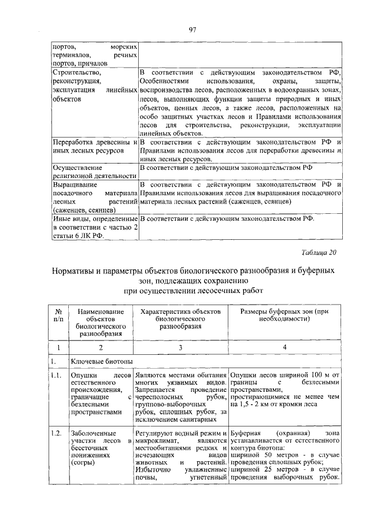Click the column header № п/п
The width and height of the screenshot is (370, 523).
(x=58, y=314)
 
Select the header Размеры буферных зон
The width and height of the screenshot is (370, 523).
(x=284, y=314)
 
